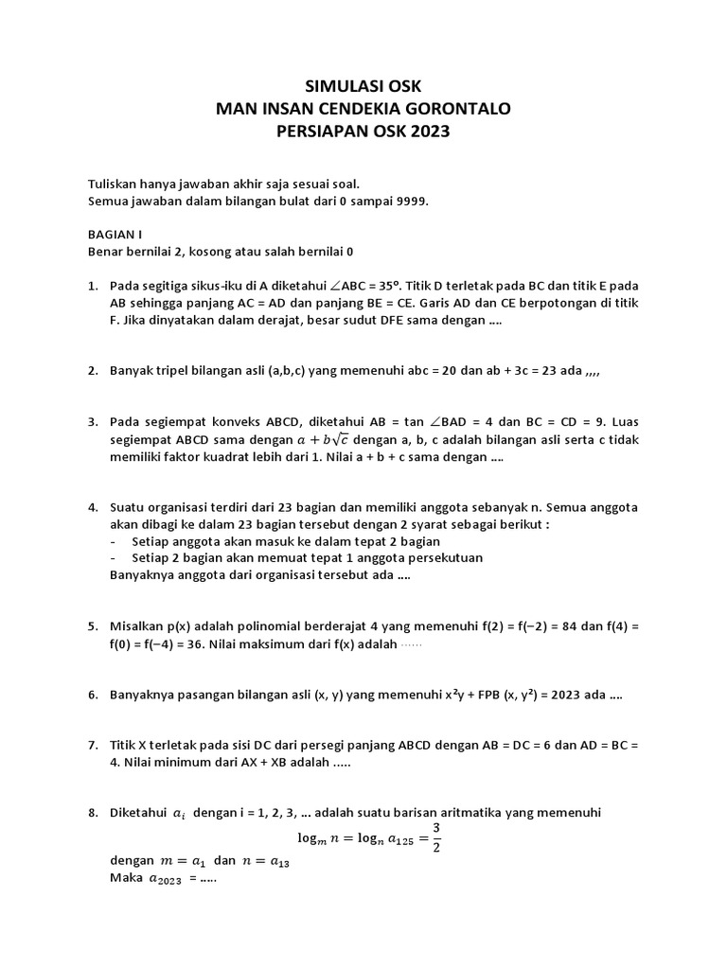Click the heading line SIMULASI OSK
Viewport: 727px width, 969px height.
click(x=363, y=86)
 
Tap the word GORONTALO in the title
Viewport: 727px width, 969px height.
click(x=460, y=109)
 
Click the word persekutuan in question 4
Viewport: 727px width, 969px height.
click(x=441, y=557)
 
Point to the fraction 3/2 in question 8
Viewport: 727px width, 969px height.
click(x=436, y=837)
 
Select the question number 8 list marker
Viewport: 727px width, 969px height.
click(x=92, y=813)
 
